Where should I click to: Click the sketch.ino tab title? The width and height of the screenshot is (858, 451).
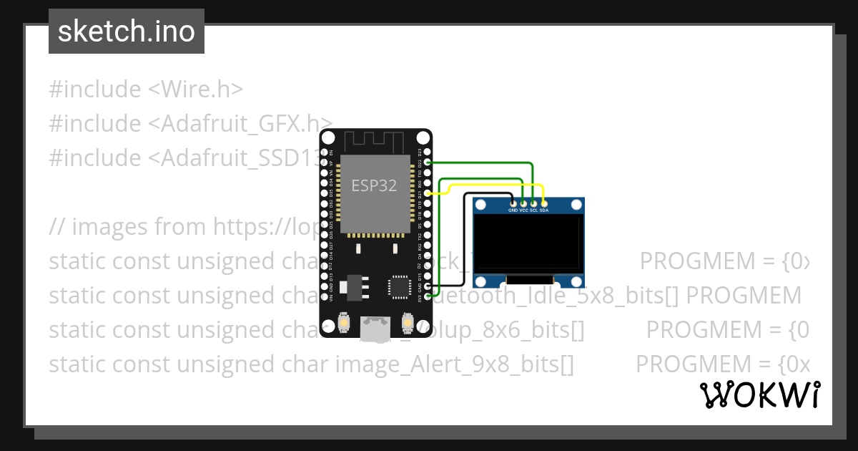click(x=127, y=31)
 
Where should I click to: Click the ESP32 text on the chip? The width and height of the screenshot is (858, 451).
click(x=374, y=185)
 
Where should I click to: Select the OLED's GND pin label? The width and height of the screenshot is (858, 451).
click(x=513, y=210)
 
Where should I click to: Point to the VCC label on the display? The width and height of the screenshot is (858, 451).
click(x=523, y=210)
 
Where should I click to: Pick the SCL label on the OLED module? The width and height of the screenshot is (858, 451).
click(x=533, y=210)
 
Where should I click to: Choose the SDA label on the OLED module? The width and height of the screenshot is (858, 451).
click(x=544, y=210)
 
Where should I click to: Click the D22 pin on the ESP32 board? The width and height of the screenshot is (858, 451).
click(x=428, y=163)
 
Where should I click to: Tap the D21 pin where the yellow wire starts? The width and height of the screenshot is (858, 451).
click(x=428, y=193)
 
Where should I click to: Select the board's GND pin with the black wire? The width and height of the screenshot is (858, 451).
click(x=428, y=286)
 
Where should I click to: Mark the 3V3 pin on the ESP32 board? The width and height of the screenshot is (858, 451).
click(x=428, y=296)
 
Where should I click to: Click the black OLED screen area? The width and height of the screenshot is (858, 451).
click(x=527, y=247)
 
